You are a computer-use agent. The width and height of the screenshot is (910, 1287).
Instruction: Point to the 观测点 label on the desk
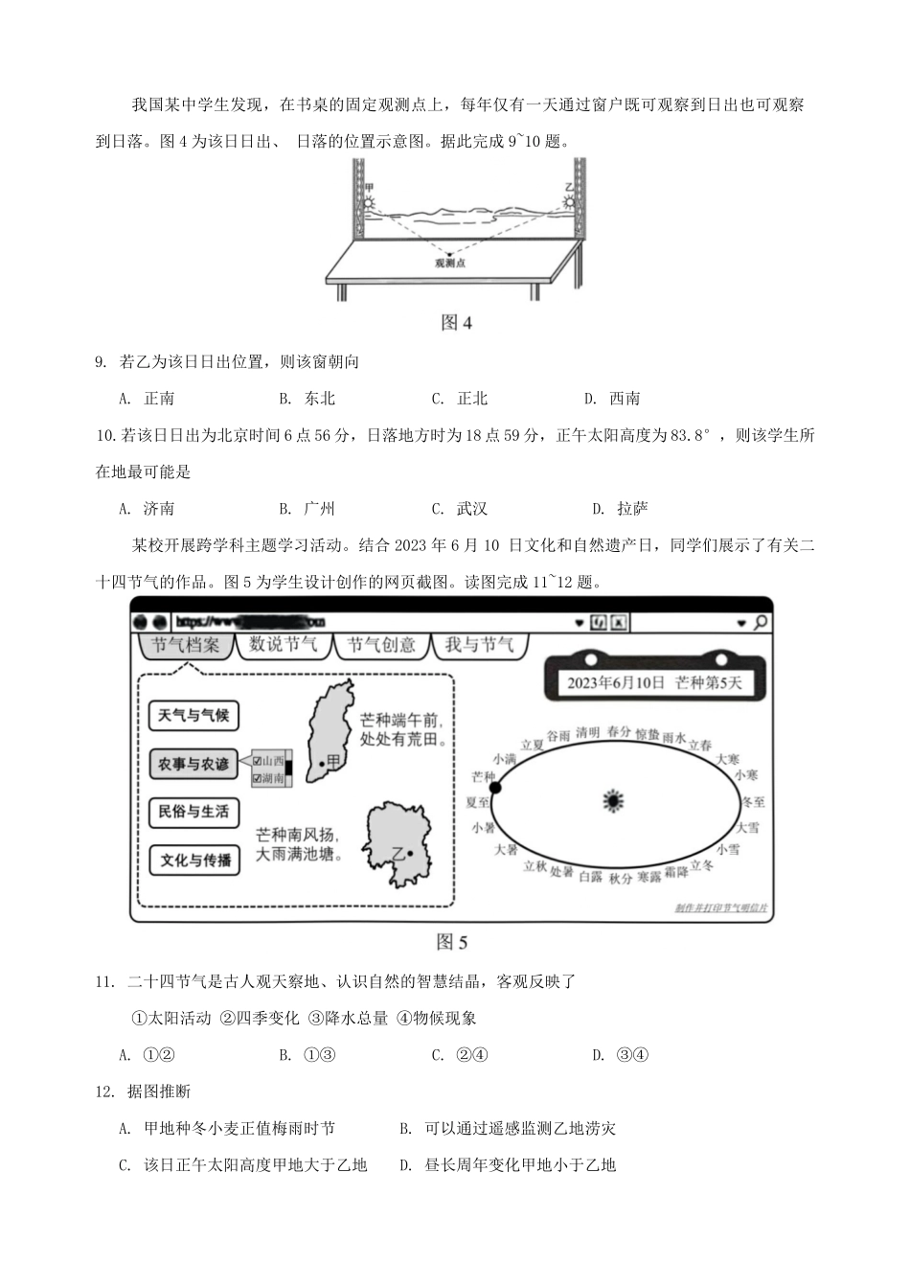coord(449,263)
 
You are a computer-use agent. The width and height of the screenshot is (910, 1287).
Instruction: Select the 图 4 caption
coord(456,322)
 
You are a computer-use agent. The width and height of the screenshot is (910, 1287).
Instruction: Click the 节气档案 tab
coord(185,645)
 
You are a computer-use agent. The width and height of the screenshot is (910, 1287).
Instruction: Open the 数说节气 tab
coord(283,645)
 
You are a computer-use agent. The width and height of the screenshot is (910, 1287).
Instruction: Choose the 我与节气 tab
coord(479,645)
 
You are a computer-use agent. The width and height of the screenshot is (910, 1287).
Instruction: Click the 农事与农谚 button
coord(193,764)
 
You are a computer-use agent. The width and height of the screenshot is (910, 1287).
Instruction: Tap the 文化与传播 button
coord(195,860)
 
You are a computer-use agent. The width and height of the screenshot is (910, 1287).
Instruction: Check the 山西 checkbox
coord(257,761)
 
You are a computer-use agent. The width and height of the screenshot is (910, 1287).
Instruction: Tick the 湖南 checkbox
coord(257,778)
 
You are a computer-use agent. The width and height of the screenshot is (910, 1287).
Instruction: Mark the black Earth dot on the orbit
coord(495,788)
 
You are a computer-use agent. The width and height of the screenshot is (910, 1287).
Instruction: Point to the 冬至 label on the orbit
coord(753,801)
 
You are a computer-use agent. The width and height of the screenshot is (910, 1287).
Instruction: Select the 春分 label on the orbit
coord(619,732)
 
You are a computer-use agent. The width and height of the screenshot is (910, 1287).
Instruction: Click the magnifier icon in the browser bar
coord(760,623)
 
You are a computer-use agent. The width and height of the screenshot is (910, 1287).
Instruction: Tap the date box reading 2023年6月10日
coord(653,682)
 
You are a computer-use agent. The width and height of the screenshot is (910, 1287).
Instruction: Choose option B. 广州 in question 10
coord(307,509)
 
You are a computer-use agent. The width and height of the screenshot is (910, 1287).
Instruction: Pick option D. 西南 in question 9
coord(612,399)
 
